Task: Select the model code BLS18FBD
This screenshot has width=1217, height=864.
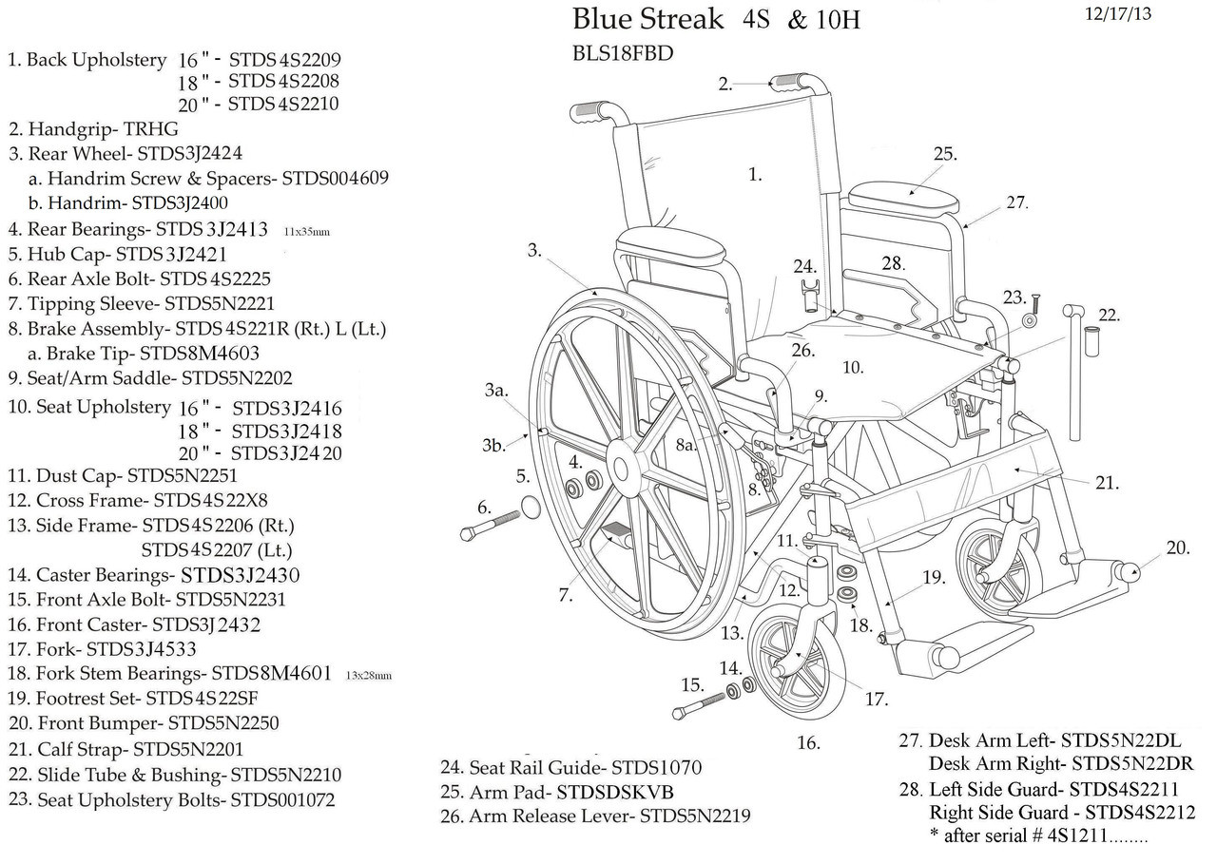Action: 622,53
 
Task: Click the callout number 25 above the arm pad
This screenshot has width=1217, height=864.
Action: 943,154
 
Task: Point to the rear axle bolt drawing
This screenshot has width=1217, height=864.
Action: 491,524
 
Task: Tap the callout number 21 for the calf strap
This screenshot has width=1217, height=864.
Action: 1106,483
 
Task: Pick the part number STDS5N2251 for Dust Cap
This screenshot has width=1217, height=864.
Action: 183,475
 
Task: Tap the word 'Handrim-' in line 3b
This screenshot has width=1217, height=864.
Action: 87,202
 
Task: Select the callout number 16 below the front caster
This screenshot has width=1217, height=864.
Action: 808,742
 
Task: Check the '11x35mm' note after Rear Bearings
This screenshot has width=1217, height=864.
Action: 307,231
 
